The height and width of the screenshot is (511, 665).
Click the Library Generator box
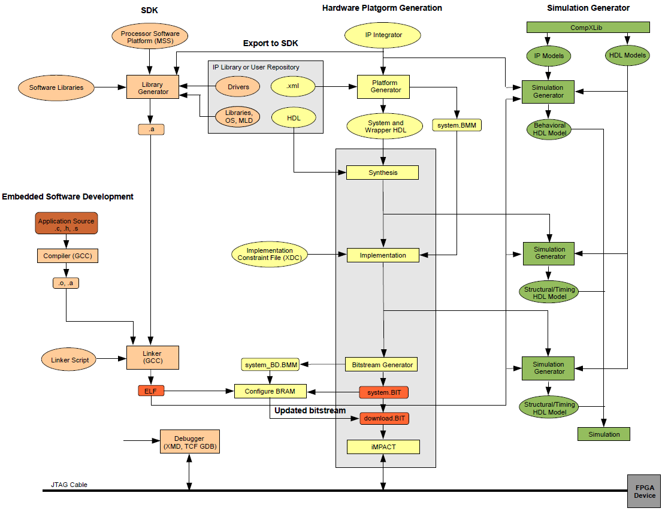tap(153, 87)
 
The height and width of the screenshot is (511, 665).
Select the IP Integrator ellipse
tap(383, 35)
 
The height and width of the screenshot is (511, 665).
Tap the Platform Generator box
tap(383, 87)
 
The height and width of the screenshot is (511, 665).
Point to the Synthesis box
tap(383, 173)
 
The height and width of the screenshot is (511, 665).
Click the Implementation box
tap(383, 255)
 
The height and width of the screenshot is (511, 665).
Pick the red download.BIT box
tap(384, 419)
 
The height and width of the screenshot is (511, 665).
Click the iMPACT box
tap(383, 447)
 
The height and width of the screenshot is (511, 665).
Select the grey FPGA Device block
tap(644, 491)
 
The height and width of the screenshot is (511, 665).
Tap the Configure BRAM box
tap(270, 391)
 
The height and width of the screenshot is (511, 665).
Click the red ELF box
tap(151, 391)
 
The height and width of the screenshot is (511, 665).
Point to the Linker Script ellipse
tap(69, 359)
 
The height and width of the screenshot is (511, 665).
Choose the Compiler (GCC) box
tap(68, 256)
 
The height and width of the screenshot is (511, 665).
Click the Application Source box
tap(66, 223)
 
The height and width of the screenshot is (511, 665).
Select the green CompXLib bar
tap(588, 28)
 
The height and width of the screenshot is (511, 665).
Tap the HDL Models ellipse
tap(627, 55)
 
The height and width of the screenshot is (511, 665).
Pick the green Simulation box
tap(604, 434)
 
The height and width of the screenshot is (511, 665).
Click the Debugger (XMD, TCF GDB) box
tap(189, 442)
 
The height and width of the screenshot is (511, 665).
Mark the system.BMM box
tap(457, 125)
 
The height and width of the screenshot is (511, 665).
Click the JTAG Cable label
tap(69, 485)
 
